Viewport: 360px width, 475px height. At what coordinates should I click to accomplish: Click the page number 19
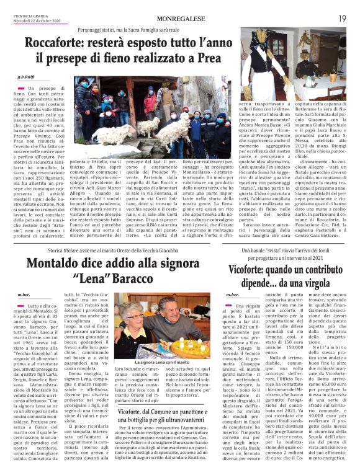[342, 19]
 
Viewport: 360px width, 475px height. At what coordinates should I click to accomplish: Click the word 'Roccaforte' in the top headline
[60, 44]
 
